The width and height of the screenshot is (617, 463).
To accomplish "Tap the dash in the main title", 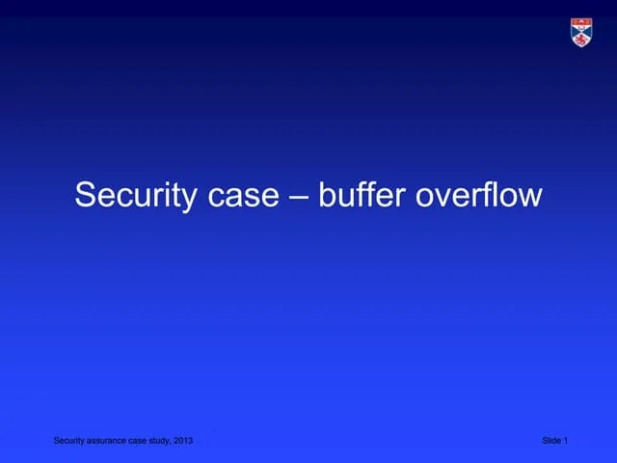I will (299, 197).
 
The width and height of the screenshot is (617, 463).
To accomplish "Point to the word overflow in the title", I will (478, 196).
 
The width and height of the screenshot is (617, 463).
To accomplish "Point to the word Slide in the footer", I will (551, 441).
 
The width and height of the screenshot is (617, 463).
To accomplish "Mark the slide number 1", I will (566, 441).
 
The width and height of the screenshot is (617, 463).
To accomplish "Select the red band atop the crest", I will (581, 20).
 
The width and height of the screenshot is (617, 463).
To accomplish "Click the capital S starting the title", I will (86, 196).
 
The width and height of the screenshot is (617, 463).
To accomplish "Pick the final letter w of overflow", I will (531, 196).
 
